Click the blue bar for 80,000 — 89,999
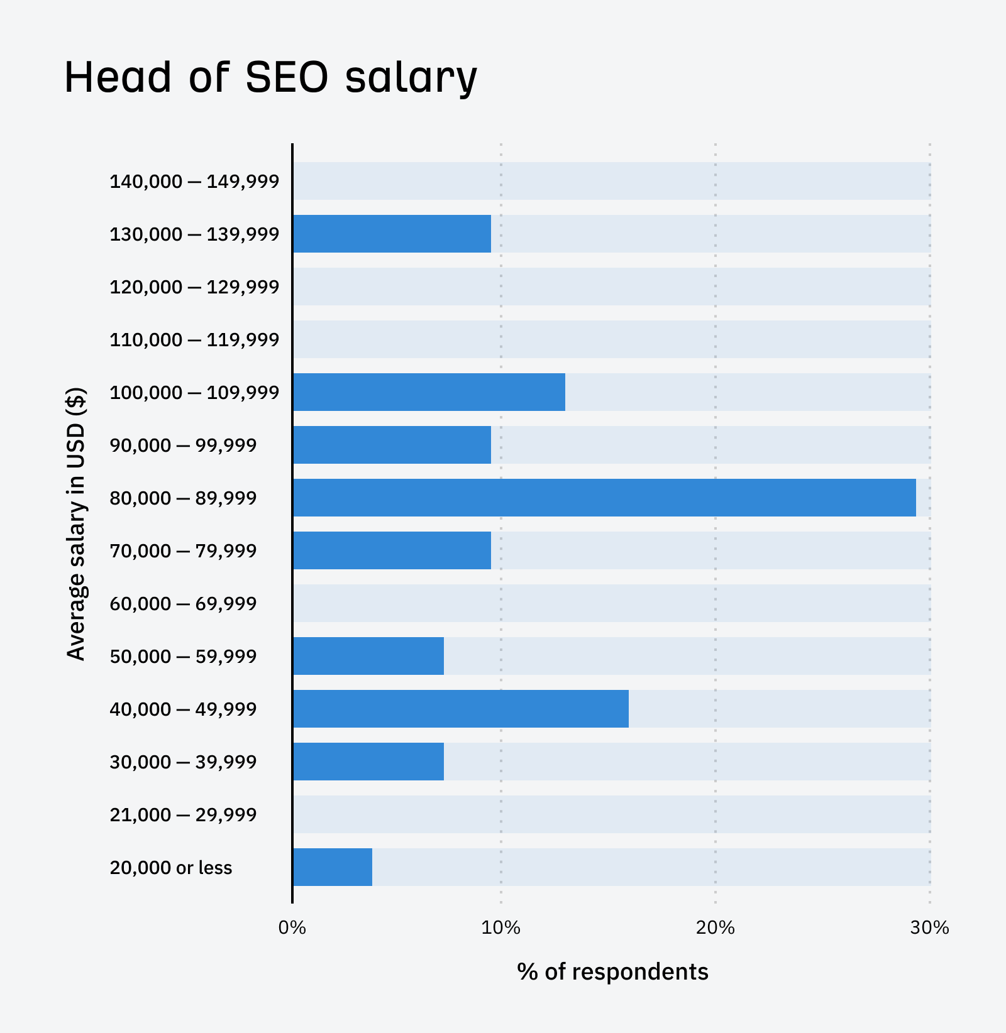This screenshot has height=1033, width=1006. click(604, 498)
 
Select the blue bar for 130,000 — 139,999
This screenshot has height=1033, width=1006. click(392, 234)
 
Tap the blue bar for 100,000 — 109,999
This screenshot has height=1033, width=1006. click(429, 392)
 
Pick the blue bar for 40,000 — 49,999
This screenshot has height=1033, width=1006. click(461, 709)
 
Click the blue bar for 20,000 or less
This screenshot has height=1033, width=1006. click(333, 867)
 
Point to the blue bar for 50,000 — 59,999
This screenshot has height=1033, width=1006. click(368, 656)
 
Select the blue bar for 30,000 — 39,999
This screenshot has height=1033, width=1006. click(368, 762)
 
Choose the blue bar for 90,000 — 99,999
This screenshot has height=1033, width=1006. click(392, 445)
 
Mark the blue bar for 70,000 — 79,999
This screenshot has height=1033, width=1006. click(392, 550)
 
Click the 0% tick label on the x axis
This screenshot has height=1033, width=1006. click(292, 928)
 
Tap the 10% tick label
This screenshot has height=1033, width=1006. click(500, 928)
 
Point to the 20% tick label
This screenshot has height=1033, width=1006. click(715, 928)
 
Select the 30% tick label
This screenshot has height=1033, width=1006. click(929, 928)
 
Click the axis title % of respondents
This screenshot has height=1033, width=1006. click(612, 972)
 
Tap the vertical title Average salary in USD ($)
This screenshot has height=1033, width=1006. click(76, 523)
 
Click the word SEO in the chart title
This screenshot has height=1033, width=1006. click(287, 78)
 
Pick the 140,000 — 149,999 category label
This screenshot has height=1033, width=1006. click(194, 182)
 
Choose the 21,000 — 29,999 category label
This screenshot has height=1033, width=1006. click(183, 815)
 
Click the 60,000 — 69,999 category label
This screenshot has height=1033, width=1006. click(183, 604)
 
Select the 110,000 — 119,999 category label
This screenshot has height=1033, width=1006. click(194, 340)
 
